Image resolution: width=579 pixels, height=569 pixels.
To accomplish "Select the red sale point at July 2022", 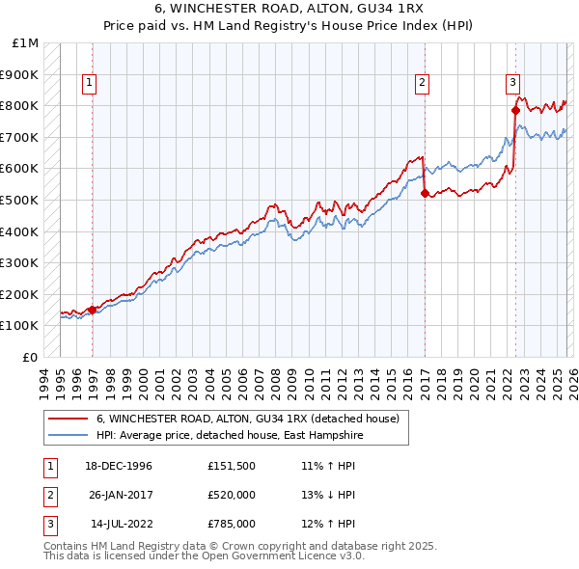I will tap(515, 111).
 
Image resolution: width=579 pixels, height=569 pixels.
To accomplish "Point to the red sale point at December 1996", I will tap(93, 310).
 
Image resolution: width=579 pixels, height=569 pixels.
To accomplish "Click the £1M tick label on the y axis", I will tap(25, 43).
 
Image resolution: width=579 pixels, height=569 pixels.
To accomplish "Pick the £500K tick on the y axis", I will tap(21, 200).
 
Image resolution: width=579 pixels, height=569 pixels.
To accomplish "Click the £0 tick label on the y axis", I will tap(31, 357).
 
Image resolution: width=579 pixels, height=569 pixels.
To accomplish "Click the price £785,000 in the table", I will tap(232, 524).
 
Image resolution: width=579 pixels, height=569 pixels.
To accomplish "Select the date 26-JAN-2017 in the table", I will tap(122, 495).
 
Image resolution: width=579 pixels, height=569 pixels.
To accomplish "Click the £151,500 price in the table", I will tap(232, 466).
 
